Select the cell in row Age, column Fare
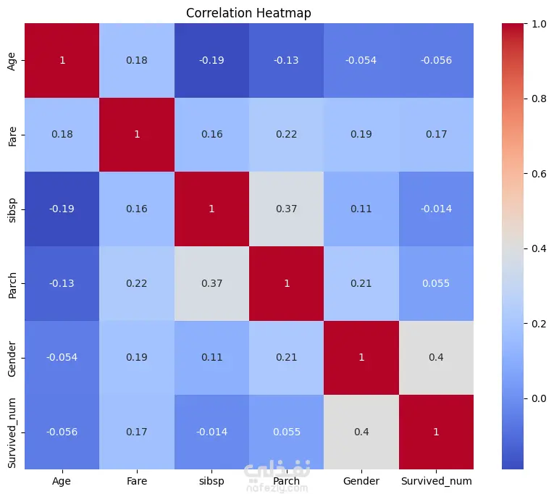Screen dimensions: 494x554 pyautogui.click(x=138, y=60)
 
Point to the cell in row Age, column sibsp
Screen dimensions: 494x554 pyautogui.click(x=212, y=60)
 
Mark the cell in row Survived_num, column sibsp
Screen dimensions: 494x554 pyautogui.click(x=212, y=432)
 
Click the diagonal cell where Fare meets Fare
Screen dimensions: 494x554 pyautogui.click(x=138, y=135)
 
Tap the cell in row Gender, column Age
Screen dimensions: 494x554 pyautogui.click(x=62, y=357)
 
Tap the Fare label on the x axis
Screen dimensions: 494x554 pyautogui.click(x=138, y=480)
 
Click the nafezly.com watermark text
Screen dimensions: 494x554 pyautogui.click(x=278, y=487)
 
